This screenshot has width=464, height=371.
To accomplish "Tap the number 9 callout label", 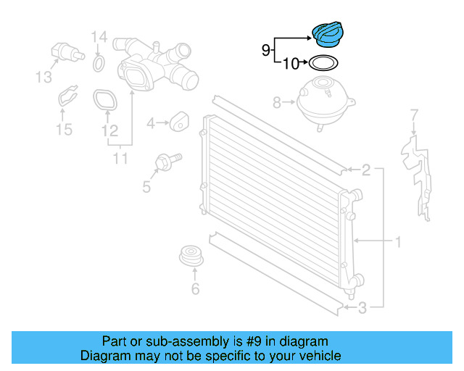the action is [266, 50].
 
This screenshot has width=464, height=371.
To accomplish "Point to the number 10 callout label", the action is [291, 63].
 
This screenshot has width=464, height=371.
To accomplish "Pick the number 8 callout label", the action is [276, 103].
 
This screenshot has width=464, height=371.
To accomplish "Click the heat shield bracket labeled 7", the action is [417, 178].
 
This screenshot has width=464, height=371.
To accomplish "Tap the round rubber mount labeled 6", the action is [191, 255].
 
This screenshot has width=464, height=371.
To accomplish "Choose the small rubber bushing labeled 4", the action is [179, 121].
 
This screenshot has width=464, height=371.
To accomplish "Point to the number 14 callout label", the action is [99, 37].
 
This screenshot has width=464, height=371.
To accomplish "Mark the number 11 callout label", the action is [120, 159].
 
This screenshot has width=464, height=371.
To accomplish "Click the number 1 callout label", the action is [398, 242].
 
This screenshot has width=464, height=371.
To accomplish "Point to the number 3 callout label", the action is [362, 308].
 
